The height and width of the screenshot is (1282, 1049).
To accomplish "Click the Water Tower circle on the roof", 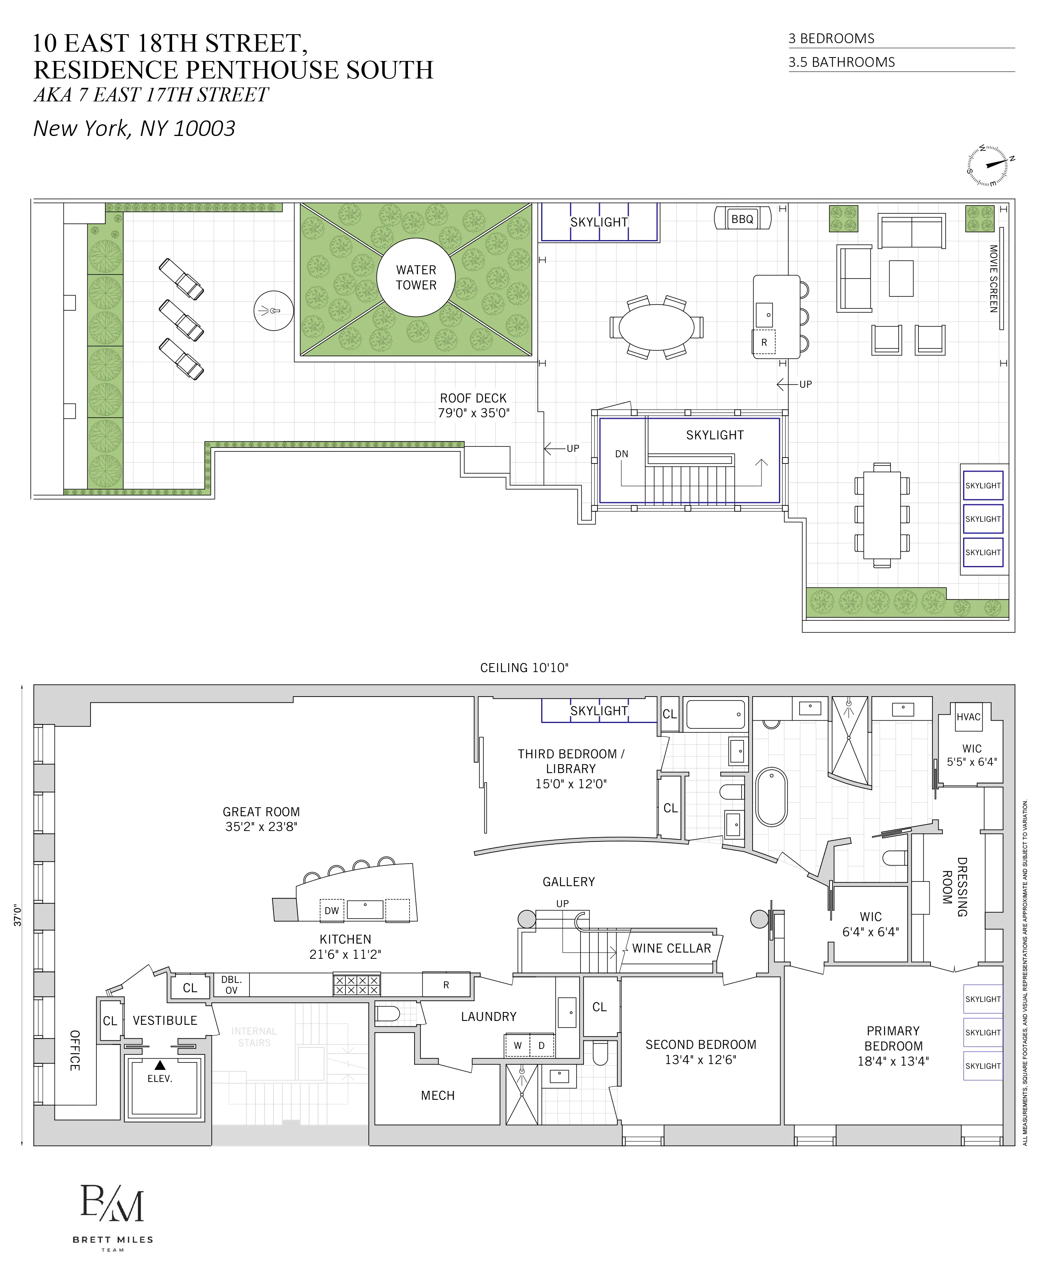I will point(416,277).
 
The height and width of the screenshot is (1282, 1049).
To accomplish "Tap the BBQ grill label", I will point(742,219).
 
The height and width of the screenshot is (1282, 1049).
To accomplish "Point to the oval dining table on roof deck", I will point(656,327).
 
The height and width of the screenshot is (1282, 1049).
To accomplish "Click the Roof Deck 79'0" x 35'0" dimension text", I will point(473,405).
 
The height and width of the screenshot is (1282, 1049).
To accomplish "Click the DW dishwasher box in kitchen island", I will point(332,911).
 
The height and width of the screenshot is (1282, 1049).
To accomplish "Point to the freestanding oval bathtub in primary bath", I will point(771,797).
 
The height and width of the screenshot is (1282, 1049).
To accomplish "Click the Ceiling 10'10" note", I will point(524,667).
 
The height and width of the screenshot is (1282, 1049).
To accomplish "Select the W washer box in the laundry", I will point(517,1045).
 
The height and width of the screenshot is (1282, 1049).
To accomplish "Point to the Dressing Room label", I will point(955,886).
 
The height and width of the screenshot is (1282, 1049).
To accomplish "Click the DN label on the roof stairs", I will point(621,454).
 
